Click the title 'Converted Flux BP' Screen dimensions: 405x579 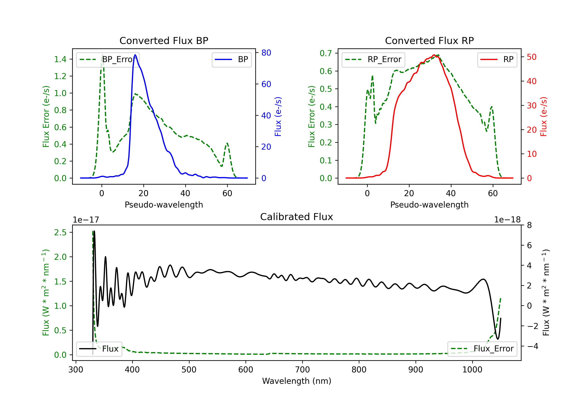(x=164, y=40)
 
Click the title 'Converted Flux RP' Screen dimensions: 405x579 (x=429, y=40)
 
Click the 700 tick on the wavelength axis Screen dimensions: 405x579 (x=302, y=370)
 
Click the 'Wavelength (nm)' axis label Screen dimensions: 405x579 (x=297, y=381)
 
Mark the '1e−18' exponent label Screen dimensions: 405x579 (x=507, y=220)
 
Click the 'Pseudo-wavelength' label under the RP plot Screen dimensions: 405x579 (x=429, y=205)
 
